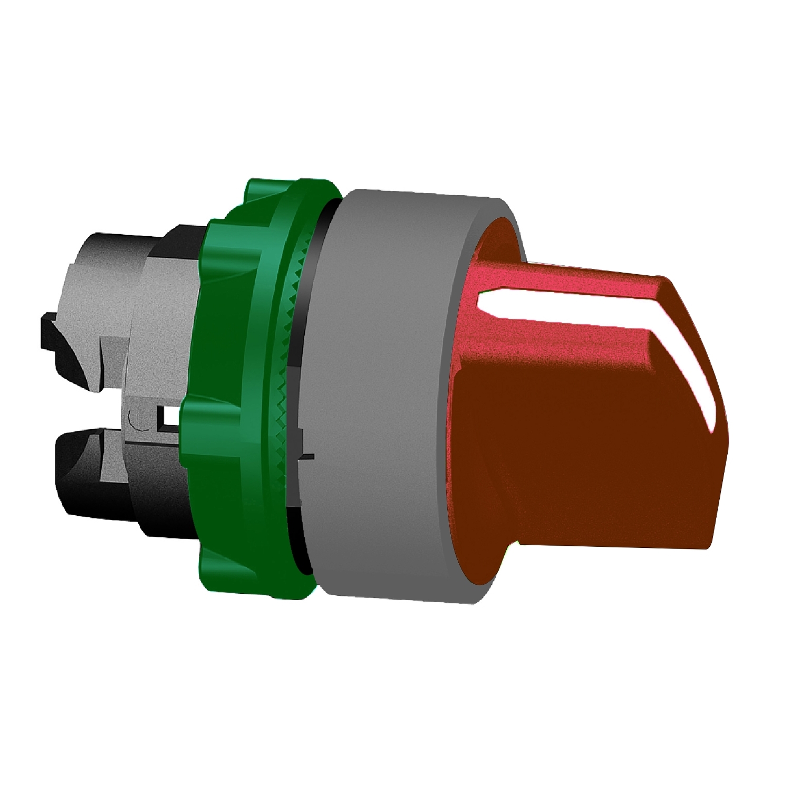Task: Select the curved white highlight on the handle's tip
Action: point(696,380)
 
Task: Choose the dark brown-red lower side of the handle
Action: point(580,475)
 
